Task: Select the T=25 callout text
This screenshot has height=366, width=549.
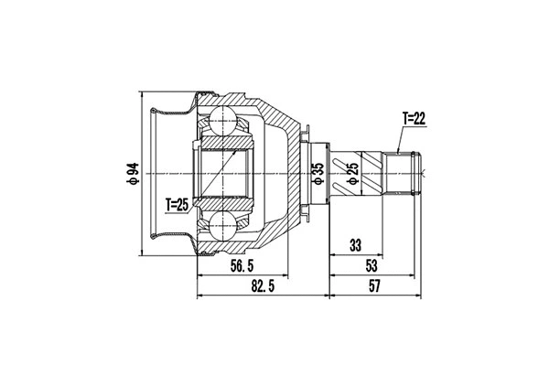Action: tap(178, 204)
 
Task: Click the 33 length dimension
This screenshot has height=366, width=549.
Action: tap(355, 244)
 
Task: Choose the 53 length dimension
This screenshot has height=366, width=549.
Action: tap(371, 265)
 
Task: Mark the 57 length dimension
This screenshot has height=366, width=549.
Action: tap(373, 286)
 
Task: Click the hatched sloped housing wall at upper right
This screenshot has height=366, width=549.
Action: tap(284, 124)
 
